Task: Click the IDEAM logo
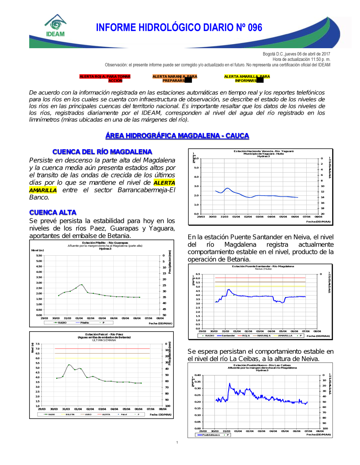55,26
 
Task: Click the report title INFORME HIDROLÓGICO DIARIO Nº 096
179,28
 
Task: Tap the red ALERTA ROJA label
105,78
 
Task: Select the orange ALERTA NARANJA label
175,78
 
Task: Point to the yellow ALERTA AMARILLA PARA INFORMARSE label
247,78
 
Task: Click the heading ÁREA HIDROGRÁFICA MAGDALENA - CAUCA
177,136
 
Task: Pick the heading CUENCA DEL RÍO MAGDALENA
102,152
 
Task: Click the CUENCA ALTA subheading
53,212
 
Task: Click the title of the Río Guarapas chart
105,243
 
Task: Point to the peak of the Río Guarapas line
82,284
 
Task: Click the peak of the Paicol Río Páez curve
69,365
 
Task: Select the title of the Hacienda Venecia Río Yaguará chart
264,151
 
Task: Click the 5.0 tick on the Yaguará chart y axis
196,168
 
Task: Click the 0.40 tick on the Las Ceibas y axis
198,375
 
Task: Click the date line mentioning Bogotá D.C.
296,54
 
